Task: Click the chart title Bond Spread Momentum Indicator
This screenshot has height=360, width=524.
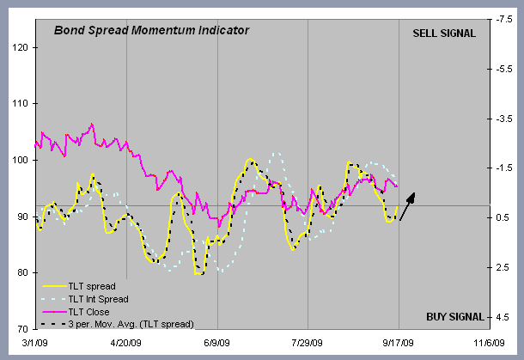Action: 151,30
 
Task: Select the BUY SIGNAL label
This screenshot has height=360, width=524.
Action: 449,315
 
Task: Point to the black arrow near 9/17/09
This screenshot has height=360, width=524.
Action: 408,206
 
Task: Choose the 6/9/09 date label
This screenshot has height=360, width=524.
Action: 216,343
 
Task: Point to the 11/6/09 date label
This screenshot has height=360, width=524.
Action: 487,343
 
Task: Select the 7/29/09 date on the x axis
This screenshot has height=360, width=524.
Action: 307,343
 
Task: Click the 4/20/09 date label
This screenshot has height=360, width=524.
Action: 126,343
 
